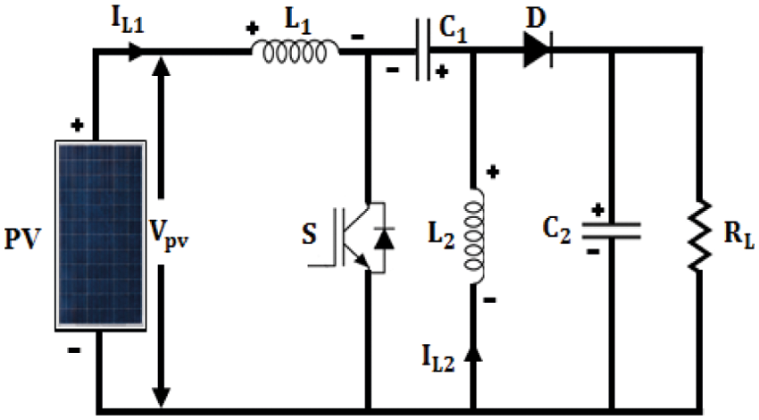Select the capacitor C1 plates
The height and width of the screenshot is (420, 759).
[427, 51]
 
